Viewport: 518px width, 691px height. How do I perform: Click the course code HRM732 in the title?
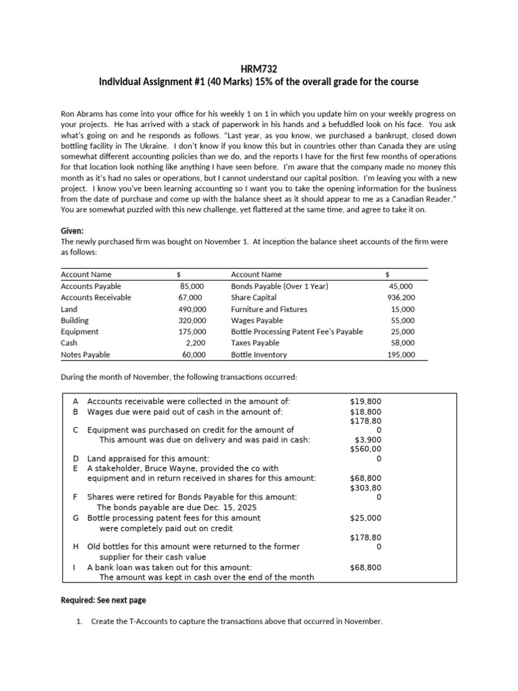(258, 69)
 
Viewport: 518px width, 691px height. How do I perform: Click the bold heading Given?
(72, 231)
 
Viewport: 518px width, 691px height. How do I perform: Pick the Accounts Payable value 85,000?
(191, 286)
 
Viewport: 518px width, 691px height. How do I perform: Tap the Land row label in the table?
(69, 309)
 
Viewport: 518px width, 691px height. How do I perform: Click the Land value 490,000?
(190, 309)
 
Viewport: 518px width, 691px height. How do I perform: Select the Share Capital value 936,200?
(401, 298)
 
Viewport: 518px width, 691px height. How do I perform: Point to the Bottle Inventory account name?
(258, 354)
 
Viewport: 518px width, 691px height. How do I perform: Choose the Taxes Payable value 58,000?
(403, 343)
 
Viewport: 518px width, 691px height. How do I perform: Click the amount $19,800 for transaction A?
(366, 401)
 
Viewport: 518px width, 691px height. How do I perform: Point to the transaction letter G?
(76, 518)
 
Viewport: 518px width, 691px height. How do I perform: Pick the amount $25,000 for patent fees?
(366, 518)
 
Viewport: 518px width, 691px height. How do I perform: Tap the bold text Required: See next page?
(103, 600)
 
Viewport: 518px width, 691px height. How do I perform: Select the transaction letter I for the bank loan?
(75, 568)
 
